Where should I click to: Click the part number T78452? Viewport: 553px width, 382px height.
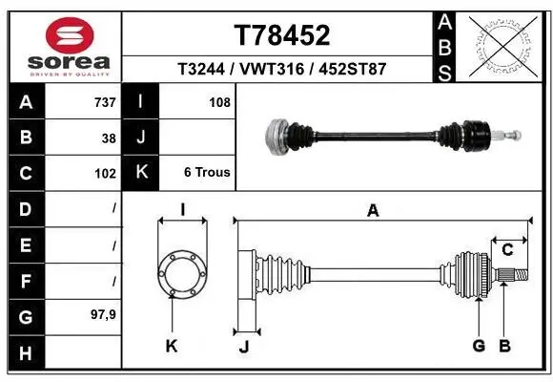tap(281, 36)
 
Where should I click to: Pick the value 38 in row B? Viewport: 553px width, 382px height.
tap(108, 138)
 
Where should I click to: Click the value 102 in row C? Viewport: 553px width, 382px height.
tap(104, 174)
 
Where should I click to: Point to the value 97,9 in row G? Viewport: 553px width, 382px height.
tap(103, 314)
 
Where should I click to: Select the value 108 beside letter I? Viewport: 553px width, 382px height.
tap(218, 102)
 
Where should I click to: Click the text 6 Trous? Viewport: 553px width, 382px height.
tap(206, 173)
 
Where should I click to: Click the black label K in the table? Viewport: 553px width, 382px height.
tap(140, 173)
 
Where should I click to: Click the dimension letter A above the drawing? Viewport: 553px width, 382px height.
tap(374, 211)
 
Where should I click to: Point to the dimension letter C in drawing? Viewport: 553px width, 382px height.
tap(508, 249)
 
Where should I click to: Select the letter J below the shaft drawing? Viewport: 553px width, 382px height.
tap(243, 348)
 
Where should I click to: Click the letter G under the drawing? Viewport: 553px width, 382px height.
tap(479, 346)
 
